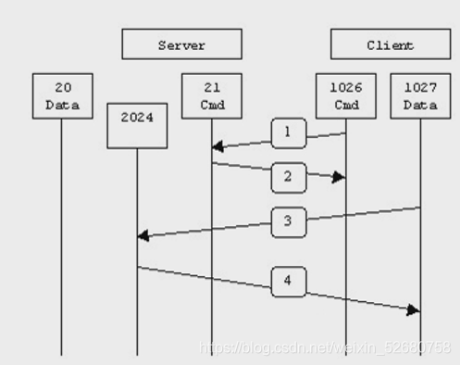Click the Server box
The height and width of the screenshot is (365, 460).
coord(181,44)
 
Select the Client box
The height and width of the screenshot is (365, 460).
coord(391,44)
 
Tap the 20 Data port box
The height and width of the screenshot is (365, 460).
coord(63,96)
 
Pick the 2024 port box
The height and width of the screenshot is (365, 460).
coord(137,126)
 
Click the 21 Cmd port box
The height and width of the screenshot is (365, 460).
coord(212,96)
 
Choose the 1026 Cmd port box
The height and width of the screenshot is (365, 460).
coord(346,96)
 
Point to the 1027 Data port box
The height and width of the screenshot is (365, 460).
coord(420,96)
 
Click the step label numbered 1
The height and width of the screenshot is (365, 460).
coord(289,133)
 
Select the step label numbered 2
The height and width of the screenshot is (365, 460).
coord(289,177)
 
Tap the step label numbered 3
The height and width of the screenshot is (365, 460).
coord(289,222)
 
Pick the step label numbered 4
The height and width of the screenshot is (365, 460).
coord(289,282)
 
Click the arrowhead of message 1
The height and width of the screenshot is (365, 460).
coord(218,146)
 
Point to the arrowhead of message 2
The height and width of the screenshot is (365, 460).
coord(339,177)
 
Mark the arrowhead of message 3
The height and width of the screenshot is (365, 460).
coord(143,235)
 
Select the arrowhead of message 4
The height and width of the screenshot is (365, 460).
coord(414,310)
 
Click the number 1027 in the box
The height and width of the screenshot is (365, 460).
coord(420,88)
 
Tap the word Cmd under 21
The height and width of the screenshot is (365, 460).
coord(212,105)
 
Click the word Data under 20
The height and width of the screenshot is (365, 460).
coord(63,105)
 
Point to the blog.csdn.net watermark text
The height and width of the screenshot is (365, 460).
coord(325,347)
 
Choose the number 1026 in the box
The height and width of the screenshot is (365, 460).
coord(346,88)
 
